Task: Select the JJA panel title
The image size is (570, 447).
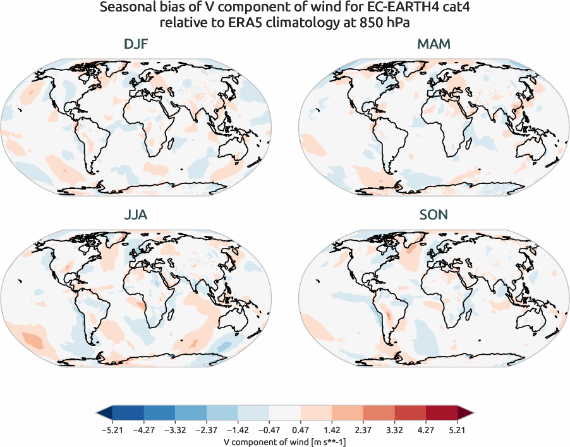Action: (x=136, y=215)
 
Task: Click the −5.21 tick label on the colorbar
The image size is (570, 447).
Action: (x=111, y=431)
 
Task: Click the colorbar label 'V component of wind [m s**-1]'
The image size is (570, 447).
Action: (x=284, y=442)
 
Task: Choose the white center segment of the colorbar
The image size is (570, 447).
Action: (x=284, y=413)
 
